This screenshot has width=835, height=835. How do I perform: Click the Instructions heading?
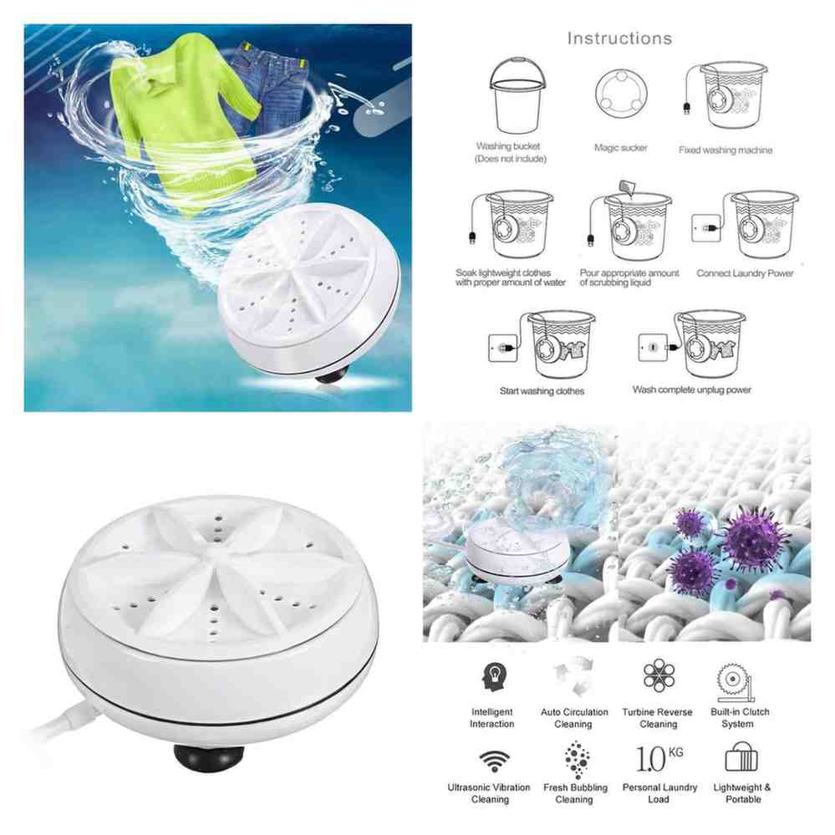tap(619, 38)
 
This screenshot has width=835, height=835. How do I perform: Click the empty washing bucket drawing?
tap(517, 95)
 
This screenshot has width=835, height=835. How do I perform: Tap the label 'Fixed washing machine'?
tap(726, 150)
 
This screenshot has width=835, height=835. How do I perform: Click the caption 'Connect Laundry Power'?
tap(745, 273)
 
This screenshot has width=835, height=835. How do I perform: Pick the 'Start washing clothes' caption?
tap(542, 391)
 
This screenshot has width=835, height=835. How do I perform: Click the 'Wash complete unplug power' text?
tap(691, 389)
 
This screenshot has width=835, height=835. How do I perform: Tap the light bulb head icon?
tap(494, 676)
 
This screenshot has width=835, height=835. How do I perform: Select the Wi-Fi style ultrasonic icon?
tap(494, 761)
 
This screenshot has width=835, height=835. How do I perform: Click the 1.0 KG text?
tap(659, 757)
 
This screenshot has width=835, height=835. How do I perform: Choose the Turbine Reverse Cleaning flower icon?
tap(659, 675)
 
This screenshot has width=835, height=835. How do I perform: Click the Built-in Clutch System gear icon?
tap(736, 682)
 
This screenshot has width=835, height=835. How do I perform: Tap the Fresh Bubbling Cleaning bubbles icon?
tap(577, 760)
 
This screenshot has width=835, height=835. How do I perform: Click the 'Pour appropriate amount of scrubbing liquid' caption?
tap(629, 277)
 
